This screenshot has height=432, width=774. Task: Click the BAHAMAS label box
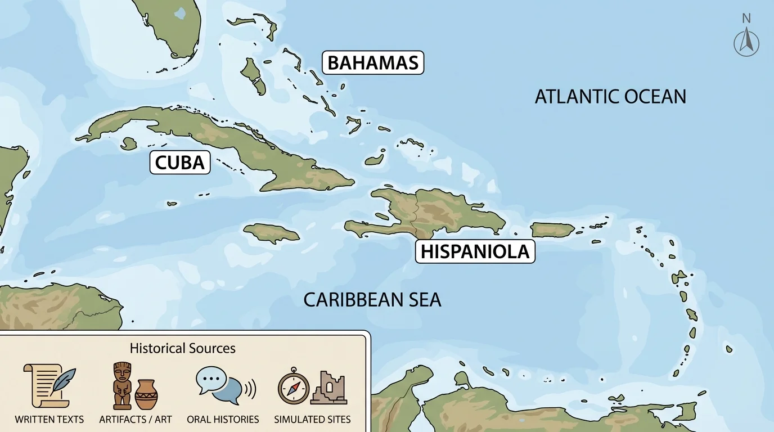[x=372, y=62]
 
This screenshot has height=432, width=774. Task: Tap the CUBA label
[x=179, y=163]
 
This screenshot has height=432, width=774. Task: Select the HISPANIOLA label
[x=475, y=251]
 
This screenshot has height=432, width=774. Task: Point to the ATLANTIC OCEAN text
[x=610, y=97]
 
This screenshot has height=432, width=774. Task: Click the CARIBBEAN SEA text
[x=372, y=300]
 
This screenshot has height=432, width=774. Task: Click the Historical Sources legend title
[x=182, y=348]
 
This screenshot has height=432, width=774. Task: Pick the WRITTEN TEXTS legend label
[x=49, y=419]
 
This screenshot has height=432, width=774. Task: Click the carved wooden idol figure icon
[x=122, y=385]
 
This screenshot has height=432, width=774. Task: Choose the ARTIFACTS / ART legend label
[x=136, y=419]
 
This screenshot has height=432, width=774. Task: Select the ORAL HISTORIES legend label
[x=223, y=419]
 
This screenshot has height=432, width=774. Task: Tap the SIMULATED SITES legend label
[x=312, y=419]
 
